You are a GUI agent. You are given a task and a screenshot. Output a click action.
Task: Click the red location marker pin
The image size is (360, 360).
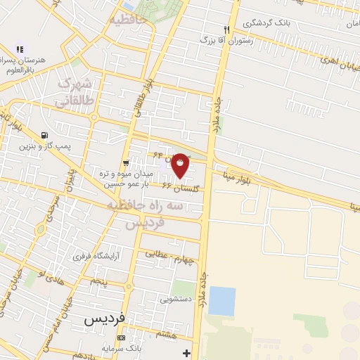click(181, 165)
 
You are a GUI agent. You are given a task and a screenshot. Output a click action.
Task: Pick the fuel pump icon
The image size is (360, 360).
click(46, 135)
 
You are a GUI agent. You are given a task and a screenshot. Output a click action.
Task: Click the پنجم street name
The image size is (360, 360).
click(98, 281)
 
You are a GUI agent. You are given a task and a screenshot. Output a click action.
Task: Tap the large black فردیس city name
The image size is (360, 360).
click(104, 318)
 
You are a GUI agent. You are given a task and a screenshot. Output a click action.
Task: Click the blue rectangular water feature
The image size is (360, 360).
click(222, 300)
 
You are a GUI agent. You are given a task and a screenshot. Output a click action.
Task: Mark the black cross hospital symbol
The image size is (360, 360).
click(186, 352)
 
